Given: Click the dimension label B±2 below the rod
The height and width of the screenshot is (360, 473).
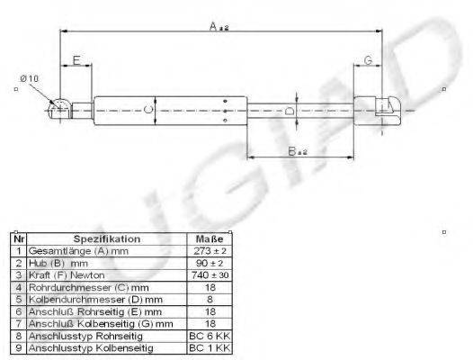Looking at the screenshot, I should (x=298, y=152).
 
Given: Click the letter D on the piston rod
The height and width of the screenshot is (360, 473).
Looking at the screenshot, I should (x=289, y=112).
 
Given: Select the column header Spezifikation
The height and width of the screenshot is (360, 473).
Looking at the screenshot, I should (x=107, y=239).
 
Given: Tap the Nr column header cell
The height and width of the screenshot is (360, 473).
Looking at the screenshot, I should (x=18, y=239).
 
